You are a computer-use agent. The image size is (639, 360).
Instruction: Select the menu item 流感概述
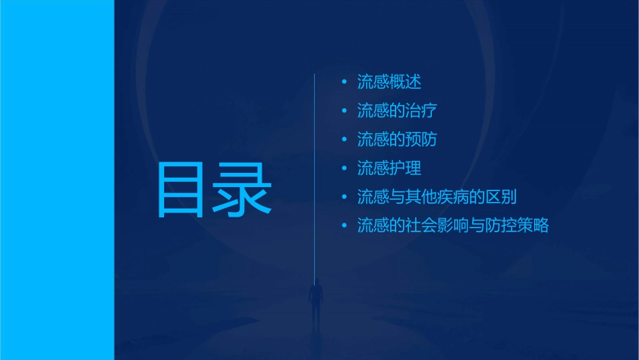pos(389,82)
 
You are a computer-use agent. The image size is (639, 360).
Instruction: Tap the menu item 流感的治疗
pos(398,110)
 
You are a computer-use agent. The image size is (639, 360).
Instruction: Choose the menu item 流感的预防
pos(398,139)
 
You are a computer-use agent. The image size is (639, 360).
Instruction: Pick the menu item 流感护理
pos(389,168)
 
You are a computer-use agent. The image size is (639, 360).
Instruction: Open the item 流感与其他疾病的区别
pos(437,197)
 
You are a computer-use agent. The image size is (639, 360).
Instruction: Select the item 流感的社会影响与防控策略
pos(453,225)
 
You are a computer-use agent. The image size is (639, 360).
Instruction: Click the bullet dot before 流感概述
pos(344,82)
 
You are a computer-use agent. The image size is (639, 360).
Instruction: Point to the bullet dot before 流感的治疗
pos(344,110)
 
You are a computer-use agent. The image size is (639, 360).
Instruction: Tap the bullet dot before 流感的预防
pos(344,139)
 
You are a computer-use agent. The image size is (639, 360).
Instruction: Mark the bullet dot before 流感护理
pos(344,168)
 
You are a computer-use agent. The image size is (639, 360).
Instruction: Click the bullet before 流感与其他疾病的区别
pos(344,197)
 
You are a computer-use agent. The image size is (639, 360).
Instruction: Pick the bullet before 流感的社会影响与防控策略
pos(344,225)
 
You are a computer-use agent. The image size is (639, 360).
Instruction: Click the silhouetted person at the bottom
pos(315,300)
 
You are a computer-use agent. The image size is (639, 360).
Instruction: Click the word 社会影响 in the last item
pos(437,225)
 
